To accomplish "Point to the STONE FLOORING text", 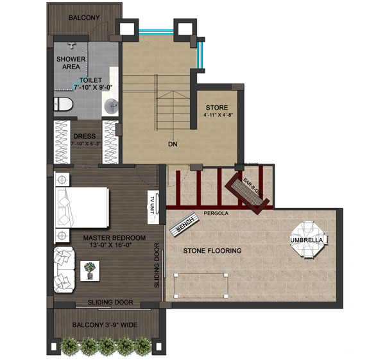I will tap(212, 250).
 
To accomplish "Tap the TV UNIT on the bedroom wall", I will tap(152, 205).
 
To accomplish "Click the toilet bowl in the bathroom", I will tap(62, 104).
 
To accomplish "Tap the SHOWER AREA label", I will tap(71, 63).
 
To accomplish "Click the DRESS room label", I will tap(85, 136).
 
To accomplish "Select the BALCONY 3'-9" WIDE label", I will tap(104, 325).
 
